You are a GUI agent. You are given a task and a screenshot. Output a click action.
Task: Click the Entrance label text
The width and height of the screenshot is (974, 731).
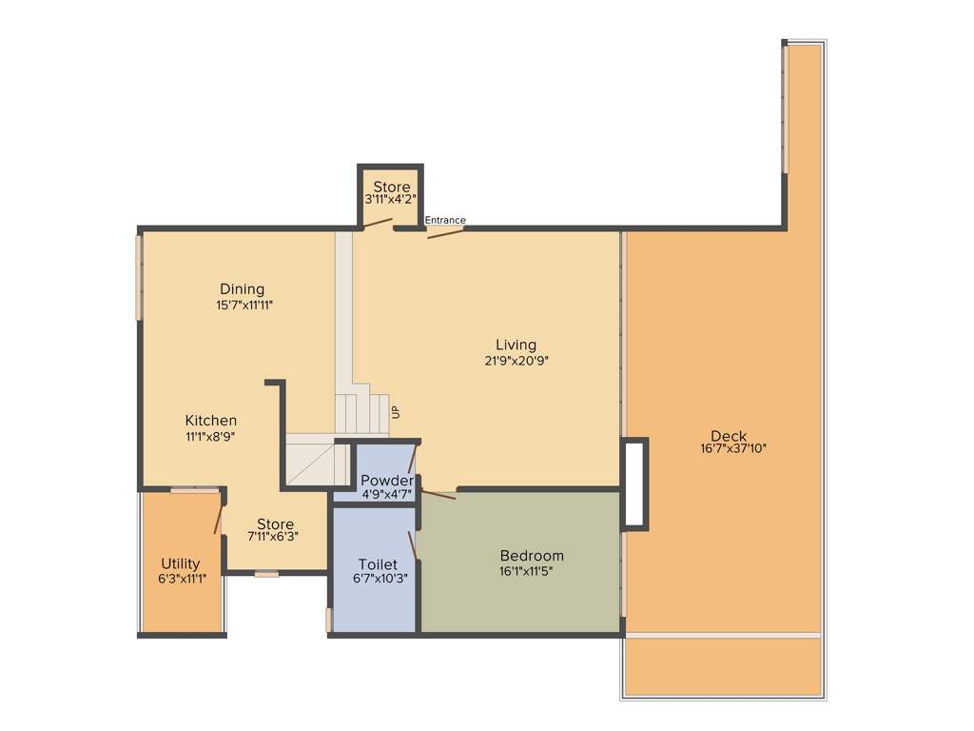tap(445, 220)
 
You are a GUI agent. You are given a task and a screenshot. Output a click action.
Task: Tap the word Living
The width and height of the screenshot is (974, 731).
tap(516, 345)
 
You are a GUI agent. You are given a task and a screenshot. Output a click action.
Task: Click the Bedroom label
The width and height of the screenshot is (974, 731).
tap(532, 556)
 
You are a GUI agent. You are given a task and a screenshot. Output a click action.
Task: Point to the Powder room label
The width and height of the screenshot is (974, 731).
tap(386, 481)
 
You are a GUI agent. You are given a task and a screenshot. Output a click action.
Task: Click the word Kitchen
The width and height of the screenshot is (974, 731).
tap(211, 421)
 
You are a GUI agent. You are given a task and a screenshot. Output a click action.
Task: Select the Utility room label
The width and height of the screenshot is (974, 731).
tap(180, 563)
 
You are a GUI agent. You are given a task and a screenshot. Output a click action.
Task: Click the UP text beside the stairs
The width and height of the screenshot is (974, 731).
tap(396, 412)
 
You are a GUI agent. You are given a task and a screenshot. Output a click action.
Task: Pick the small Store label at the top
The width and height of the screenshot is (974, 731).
tap(391, 187)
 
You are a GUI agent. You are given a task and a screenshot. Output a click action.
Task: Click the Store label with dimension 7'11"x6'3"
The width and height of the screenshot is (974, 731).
tap(275, 524)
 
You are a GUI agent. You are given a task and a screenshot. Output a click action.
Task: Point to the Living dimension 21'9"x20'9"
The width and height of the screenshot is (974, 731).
tap(516, 361)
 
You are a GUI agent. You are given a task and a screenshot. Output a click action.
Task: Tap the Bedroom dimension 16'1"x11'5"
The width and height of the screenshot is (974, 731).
tap(532, 572)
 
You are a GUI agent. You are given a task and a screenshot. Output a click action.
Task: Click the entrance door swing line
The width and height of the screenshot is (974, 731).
tap(445, 232)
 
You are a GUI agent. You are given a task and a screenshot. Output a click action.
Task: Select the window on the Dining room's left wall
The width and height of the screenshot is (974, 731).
tap(139, 277)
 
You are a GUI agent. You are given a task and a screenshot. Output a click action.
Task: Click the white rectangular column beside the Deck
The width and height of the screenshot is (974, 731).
tap(634, 484)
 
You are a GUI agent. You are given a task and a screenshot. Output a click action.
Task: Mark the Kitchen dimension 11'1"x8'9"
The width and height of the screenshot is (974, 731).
tap(211, 436)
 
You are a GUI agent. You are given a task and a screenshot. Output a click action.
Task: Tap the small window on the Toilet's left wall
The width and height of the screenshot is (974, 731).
tap(328, 620)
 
